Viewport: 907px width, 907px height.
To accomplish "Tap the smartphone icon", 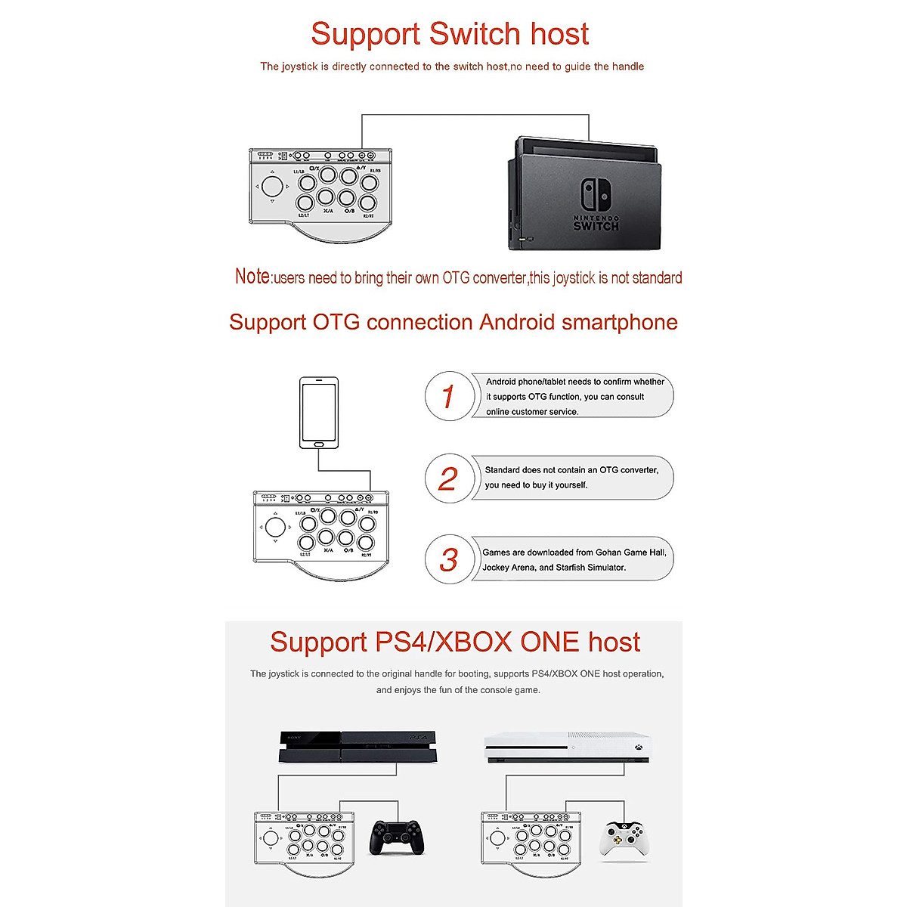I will (318, 413).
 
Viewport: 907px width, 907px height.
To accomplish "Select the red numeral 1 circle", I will (448, 396).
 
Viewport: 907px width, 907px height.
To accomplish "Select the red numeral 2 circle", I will (448, 478).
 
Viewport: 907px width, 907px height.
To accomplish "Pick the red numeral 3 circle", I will (449, 559).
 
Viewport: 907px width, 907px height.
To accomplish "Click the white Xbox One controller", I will (623, 840).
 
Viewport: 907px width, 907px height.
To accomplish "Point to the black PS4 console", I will (358, 747).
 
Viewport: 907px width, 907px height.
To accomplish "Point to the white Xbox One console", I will (567, 748).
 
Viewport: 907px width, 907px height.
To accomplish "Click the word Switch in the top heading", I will (475, 34).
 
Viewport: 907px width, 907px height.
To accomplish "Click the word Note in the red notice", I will (252, 277).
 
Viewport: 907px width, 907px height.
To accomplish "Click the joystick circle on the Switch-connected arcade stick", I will (273, 186).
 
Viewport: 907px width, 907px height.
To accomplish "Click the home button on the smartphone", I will (318, 444).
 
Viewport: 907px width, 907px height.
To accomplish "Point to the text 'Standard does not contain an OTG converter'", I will (571, 470).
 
